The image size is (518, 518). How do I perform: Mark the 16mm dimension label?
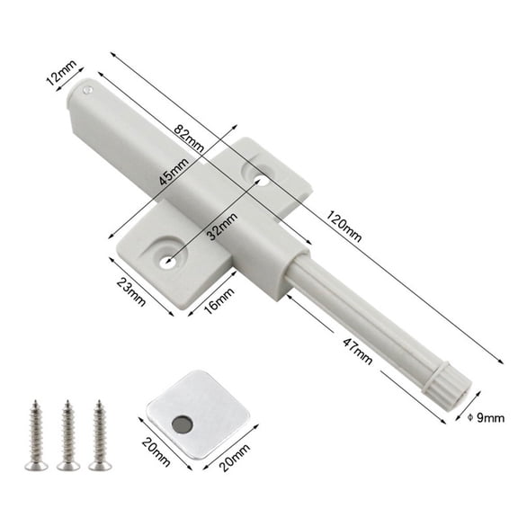(218, 306)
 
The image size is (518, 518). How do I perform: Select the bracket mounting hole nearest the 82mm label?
(260, 181)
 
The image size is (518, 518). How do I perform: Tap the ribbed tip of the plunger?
(450, 382)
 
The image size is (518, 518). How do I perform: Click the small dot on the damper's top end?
(86, 90)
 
